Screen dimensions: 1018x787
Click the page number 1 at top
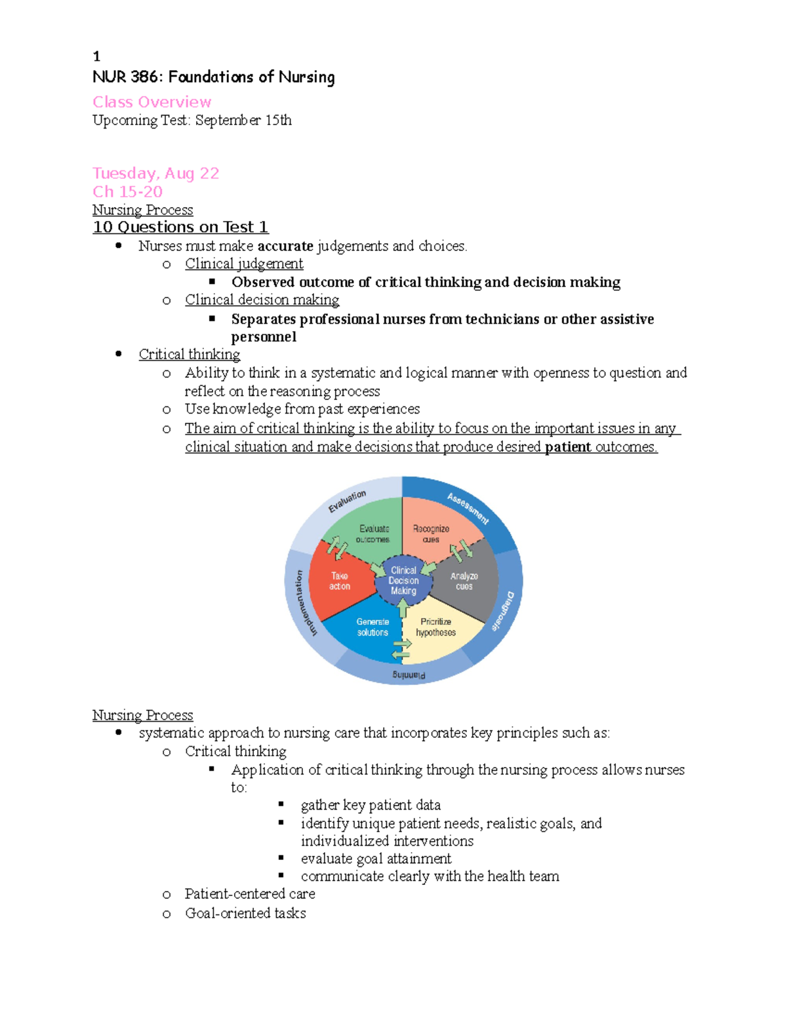(x=96, y=56)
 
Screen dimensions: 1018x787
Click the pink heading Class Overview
(x=151, y=102)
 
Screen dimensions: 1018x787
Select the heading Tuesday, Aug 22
(x=155, y=174)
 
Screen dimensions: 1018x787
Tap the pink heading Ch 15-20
(x=127, y=192)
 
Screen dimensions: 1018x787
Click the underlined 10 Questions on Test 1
(x=180, y=227)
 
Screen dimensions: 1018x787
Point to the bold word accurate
(x=285, y=246)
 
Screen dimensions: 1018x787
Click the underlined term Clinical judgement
(x=244, y=264)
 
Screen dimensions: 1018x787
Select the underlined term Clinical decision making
(x=262, y=300)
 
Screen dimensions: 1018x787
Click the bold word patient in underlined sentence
(x=568, y=447)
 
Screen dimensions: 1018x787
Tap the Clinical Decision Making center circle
(x=403, y=581)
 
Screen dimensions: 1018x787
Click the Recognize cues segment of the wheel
(x=431, y=534)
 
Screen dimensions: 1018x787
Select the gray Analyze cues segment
(x=464, y=581)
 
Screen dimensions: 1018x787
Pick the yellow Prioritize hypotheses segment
(x=435, y=627)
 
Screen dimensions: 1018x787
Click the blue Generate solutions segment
(x=373, y=627)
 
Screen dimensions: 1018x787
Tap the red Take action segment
(x=340, y=581)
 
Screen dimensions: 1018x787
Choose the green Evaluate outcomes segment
(x=373, y=534)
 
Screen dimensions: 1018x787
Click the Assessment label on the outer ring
(x=468, y=509)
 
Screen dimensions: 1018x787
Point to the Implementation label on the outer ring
(x=304, y=603)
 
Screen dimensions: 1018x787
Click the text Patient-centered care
(x=250, y=894)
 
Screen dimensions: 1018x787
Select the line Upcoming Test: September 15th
(x=192, y=121)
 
